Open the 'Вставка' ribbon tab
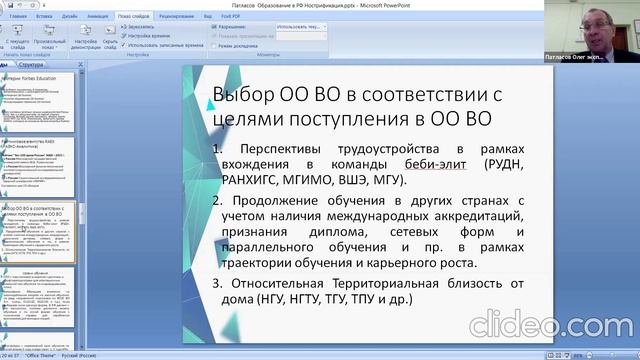click(x=44, y=17)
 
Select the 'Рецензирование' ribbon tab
click(x=176, y=17)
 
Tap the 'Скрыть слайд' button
click(x=111, y=42)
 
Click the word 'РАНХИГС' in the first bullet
click(x=246, y=181)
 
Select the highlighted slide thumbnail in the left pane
click(x=40, y=230)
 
